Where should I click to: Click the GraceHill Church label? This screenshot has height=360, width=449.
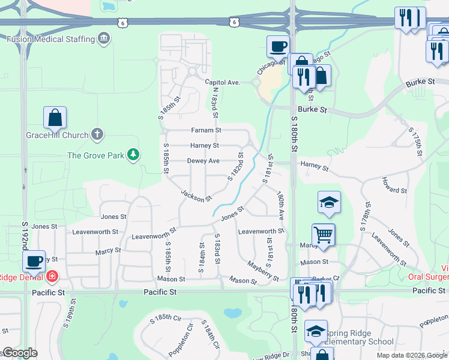(57, 135)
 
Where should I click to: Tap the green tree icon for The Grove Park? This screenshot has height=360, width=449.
(133, 155)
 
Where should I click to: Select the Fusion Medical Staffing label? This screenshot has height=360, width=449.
(51, 39)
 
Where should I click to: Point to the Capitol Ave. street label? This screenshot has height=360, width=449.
(222, 82)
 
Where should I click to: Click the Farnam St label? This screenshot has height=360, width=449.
(206, 130)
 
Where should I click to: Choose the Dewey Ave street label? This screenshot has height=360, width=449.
(203, 161)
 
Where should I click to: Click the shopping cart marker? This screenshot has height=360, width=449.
(323, 233)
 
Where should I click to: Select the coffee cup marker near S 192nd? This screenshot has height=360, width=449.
(34, 260)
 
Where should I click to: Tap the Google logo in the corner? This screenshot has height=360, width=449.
(20, 353)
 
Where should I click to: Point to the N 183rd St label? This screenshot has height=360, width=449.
(214, 103)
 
